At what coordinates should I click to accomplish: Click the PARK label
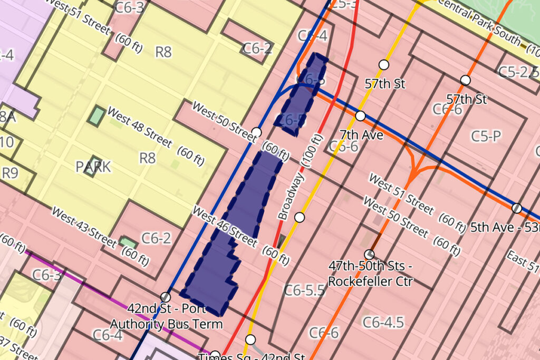93,167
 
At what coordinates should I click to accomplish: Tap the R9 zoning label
10,173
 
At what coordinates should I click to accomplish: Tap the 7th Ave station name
361,135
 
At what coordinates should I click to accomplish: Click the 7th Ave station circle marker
360,115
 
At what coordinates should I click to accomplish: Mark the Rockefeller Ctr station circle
369,255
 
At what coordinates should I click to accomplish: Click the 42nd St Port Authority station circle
166,297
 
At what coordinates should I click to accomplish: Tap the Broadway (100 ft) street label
296,182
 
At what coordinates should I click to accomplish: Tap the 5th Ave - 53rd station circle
517,208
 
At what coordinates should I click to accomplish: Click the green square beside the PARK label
96,115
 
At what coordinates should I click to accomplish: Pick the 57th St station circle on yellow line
384,64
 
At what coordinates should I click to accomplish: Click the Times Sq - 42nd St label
252,356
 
